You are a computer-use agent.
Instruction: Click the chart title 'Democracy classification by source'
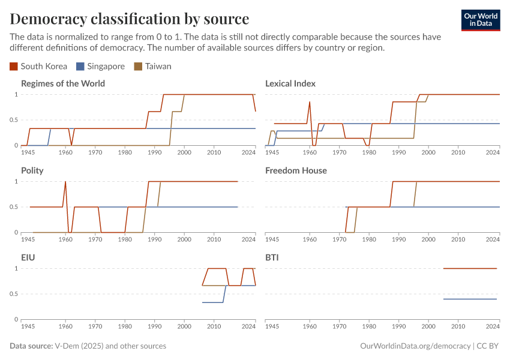click(x=130, y=18)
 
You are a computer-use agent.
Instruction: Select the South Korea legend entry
click(x=39, y=66)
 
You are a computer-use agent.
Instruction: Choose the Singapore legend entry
click(x=100, y=66)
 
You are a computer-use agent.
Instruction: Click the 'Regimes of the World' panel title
click(x=63, y=83)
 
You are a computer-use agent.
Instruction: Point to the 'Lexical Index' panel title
click(x=290, y=83)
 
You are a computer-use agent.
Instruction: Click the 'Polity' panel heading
click(x=32, y=170)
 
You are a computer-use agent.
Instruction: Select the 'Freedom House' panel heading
click(x=296, y=170)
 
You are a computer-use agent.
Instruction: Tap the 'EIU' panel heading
click(x=28, y=257)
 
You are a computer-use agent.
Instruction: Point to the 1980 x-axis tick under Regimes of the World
click(x=125, y=152)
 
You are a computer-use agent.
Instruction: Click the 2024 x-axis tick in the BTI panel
click(x=492, y=326)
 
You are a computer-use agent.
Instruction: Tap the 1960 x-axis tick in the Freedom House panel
click(x=310, y=239)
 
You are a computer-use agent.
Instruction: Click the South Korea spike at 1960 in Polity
click(x=65, y=182)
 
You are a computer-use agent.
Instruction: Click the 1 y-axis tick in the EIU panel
click(x=16, y=268)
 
